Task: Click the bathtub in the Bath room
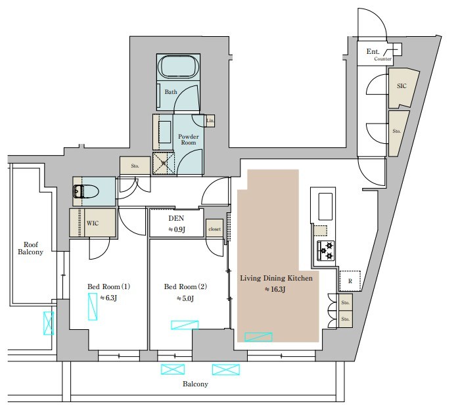(179, 67)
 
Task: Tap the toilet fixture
(86, 192)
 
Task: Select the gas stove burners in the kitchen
(326, 250)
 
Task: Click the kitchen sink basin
(325, 206)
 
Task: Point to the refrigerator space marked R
(350, 281)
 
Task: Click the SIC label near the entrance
(401, 86)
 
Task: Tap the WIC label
(93, 223)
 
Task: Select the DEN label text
(176, 218)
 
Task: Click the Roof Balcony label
(30, 248)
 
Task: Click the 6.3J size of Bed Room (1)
(108, 298)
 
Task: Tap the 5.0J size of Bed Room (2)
(185, 299)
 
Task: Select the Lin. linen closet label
(210, 120)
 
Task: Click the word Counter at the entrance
(382, 58)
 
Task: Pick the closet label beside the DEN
(215, 229)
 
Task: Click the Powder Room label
(189, 139)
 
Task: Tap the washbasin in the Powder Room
(165, 132)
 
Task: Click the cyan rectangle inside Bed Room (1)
(93, 307)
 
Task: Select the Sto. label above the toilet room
(135, 166)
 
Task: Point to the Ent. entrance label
(373, 52)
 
